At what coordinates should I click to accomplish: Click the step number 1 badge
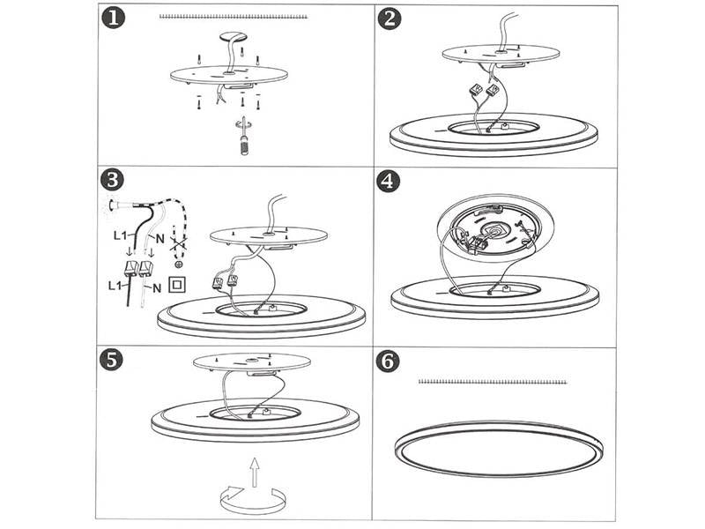pos(114,19)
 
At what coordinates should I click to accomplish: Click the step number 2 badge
pos(389,19)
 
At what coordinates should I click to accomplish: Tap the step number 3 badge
pos(113,180)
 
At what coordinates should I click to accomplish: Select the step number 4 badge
pos(388,182)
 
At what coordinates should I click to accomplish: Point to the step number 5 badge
pos(111,360)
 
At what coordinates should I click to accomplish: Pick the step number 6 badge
pos(387,361)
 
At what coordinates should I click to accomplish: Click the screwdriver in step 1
pos(244,137)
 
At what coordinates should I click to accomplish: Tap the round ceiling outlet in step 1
pos(233,37)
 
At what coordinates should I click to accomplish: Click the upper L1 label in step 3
pos(121,235)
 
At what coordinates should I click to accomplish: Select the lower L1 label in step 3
pos(116,285)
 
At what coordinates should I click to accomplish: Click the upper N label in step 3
pos(160,238)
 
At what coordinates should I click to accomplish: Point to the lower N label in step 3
pos(157,288)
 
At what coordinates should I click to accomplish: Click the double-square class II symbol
pos(177,284)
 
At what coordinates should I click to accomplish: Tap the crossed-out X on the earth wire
pos(179,245)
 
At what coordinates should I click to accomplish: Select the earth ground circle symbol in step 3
pos(179,264)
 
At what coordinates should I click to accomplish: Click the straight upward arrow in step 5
pos(255,473)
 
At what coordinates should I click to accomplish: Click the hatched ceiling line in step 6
pos(493,382)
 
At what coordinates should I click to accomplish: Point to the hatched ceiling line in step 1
pos(234,17)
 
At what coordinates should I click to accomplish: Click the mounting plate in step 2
pos(501,55)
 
